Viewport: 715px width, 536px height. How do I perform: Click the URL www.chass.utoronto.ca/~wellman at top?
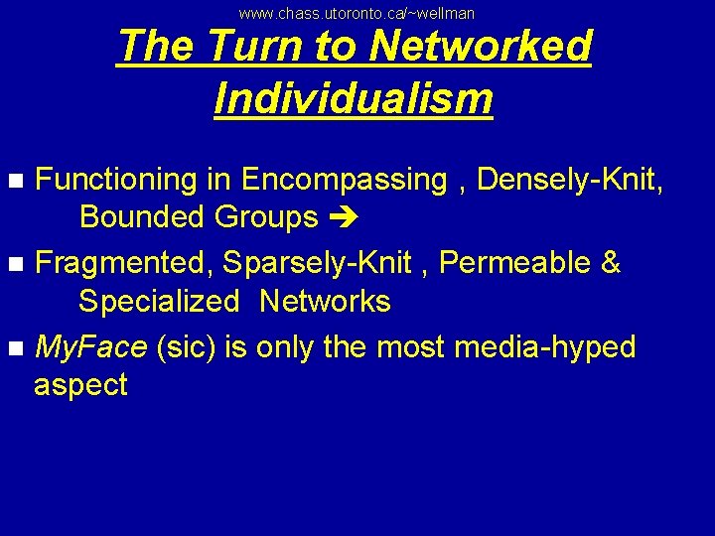357,13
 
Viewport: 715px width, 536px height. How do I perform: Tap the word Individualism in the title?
354,97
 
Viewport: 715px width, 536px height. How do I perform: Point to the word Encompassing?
344,180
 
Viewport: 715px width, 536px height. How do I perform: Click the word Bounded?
144,216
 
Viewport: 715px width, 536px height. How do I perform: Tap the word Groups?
267,216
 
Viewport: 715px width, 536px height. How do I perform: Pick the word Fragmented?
124,263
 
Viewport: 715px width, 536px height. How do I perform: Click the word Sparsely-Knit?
317,263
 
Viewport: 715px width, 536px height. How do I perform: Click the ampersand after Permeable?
611,263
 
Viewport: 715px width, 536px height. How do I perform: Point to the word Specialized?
160,301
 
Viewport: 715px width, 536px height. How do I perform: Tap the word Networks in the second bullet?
325,301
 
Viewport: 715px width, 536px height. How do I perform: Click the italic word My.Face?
90,347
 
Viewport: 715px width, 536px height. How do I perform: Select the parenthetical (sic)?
188,347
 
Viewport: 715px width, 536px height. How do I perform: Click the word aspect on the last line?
80,385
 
